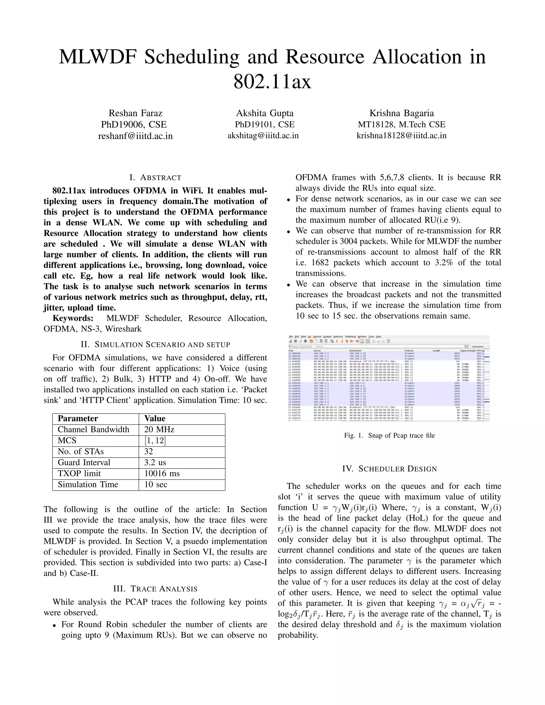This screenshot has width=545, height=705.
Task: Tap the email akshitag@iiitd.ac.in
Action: pos(263,136)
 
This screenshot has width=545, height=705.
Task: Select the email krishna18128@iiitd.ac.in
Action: pos(401,136)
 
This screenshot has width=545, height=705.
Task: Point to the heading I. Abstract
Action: pos(155,177)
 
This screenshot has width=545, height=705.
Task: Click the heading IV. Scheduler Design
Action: pos(389,469)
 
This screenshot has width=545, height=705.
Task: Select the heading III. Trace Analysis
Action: pos(155,588)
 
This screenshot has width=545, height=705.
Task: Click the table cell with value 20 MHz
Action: pos(159,430)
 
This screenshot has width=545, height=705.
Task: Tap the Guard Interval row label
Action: pos(84,463)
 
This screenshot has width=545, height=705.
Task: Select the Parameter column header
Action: pos(77,419)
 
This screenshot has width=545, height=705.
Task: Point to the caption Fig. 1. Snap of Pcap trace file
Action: pos(389,436)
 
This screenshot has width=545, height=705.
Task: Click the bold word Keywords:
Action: pos(73,318)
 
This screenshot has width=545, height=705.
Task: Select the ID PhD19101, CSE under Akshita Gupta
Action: pos(265,125)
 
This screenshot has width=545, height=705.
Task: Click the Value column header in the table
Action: pos(155,419)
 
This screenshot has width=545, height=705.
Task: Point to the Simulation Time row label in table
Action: pos(88,484)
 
